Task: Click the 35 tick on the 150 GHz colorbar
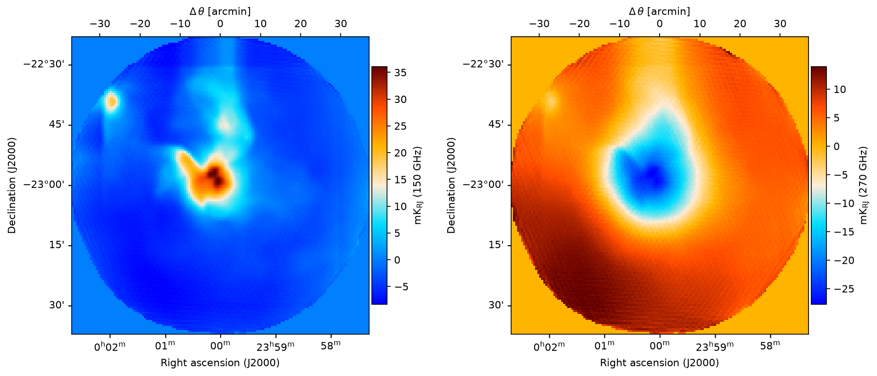point(400,73)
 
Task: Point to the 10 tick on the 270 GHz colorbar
point(839,89)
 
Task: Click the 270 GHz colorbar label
point(863,185)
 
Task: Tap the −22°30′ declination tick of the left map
point(47,64)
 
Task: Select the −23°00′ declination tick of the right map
point(487,185)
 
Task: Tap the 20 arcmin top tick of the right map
point(740,24)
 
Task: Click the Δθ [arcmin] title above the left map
point(220,11)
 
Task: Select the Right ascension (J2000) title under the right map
point(660,363)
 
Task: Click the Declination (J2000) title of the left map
point(11,185)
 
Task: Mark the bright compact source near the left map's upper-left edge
point(111,101)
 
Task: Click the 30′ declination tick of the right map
point(501,305)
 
